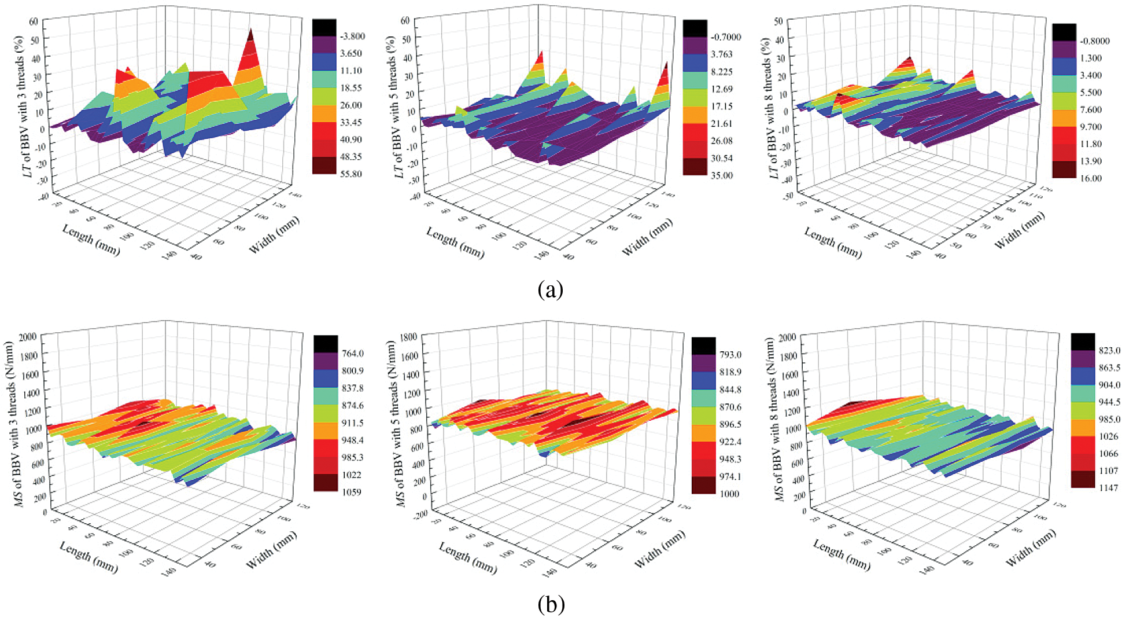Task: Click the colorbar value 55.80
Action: pyautogui.click(x=350, y=174)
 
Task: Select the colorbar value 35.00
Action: pyautogui.click(x=721, y=175)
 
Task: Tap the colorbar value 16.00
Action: pyautogui.click(x=1090, y=178)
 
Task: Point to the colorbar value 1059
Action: pyautogui.click(x=351, y=492)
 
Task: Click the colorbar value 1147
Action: pyautogui.click(x=1108, y=488)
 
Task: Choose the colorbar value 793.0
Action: pyautogui.click(x=730, y=354)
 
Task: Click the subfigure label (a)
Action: pyautogui.click(x=549, y=289)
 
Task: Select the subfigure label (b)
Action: pyautogui.click(x=551, y=605)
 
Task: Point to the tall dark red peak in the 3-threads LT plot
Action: pyautogui.click(x=250, y=35)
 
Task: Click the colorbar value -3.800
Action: pyautogui.click(x=352, y=36)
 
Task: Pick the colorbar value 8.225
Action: pyautogui.click(x=721, y=72)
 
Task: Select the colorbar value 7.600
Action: pyautogui.click(x=1090, y=109)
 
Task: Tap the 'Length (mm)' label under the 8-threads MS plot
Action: pyautogui.click(x=842, y=554)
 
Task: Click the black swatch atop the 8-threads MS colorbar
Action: pyautogui.click(x=1083, y=341)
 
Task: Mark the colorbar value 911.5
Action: pyautogui.click(x=352, y=423)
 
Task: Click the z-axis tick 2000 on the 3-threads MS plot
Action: pyautogui.click(x=28, y=336)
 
